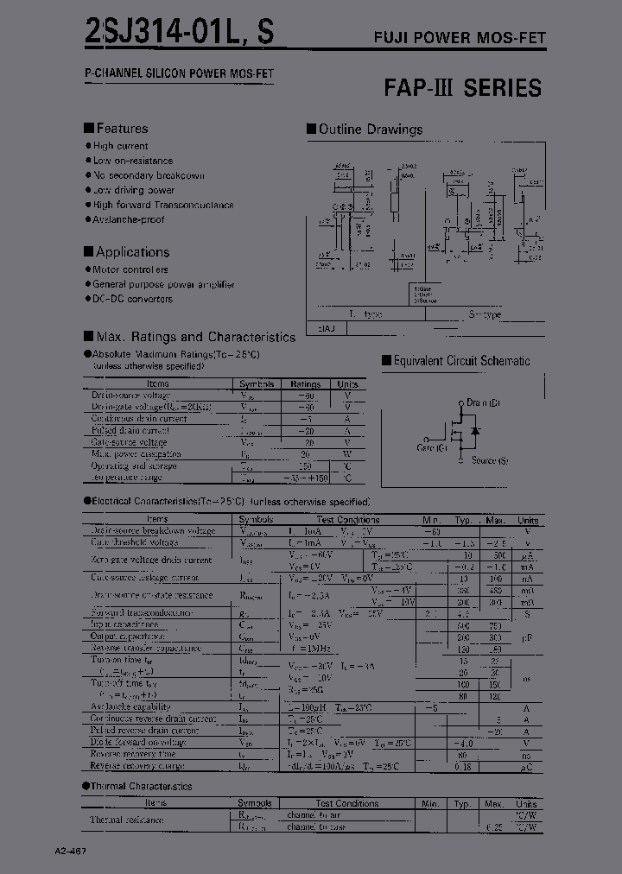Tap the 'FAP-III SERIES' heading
462,87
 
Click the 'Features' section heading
121,128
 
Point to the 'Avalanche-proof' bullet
129,219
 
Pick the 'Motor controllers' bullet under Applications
131,269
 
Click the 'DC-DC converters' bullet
132,299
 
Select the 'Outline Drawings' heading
370,130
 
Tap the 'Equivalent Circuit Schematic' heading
461,361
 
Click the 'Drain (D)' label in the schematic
483,402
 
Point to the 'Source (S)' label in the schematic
496,460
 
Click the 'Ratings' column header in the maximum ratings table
305,383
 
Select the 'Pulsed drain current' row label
130,430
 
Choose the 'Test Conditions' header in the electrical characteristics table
347,520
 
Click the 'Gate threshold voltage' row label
135,542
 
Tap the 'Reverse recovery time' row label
134,753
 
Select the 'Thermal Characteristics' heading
142,786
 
